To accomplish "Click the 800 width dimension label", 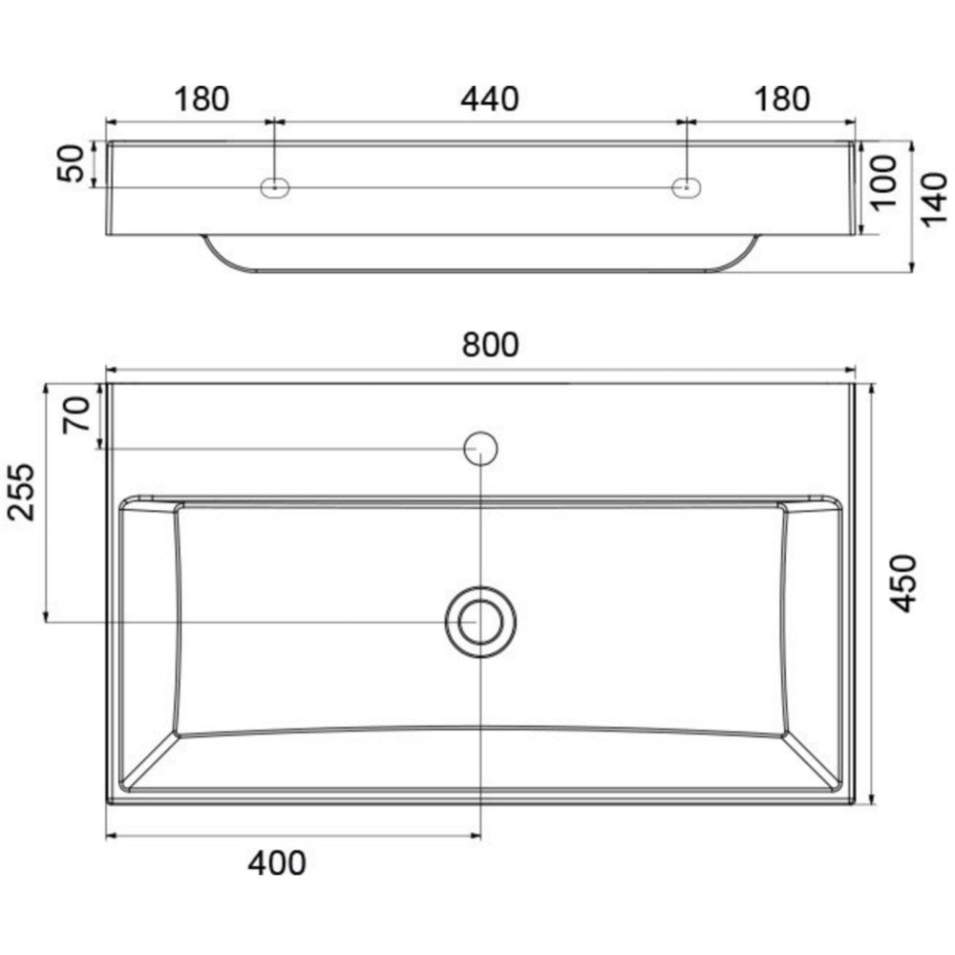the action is pyautogui.click(x=490, y=345).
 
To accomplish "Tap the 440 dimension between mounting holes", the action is pyautogui.click(x=490, y=99).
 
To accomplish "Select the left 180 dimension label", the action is pyautogui.click(x=202, y=99).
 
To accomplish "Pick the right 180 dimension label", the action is pyautogui.click(x=783, y=99).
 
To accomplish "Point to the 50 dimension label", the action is pyautogui.click(x=71, y=163).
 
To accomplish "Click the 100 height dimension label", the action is pyautogui.click(x=883, y=182).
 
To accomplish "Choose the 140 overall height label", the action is pyautogui.click(x=933, y=201).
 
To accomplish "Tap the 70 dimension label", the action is pyautogui.click(x=76, y=414).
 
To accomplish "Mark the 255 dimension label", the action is pyautogui.click(x=21, y=492).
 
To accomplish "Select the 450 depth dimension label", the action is pyautogui.click(x=902, y=584).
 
